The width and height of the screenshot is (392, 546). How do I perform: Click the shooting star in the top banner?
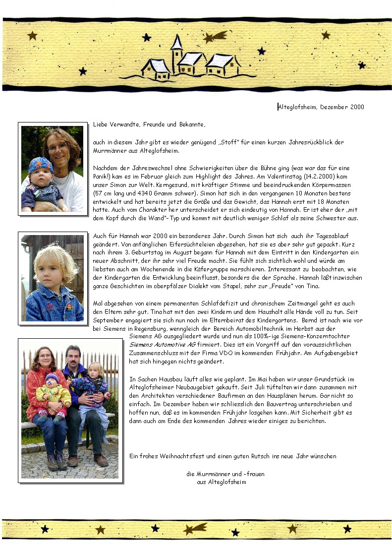pos(215,37)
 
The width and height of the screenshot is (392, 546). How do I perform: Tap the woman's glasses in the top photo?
pos(58,147)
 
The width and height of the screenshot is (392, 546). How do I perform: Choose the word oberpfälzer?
pos(175,286)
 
